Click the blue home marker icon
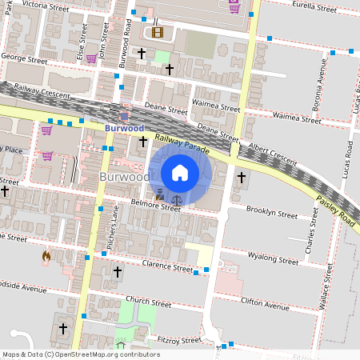pyautogui.click(x=180, y=172)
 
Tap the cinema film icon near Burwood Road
pyautogui.click(x=157, y=33)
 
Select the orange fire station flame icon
pyautogui.click(x=46, y=257)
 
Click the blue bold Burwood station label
pyautogui.click(x=124, y=127)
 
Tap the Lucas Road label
pyautogui.click(x=350, y=160)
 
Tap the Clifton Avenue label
pyautogui.click(x=265, y=305)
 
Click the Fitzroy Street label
pyautogui.click(x=178, y=340)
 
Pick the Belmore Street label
pyautogui.click(x=157, y=206)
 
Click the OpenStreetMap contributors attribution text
pyautogui.click(x=81, y=354)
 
